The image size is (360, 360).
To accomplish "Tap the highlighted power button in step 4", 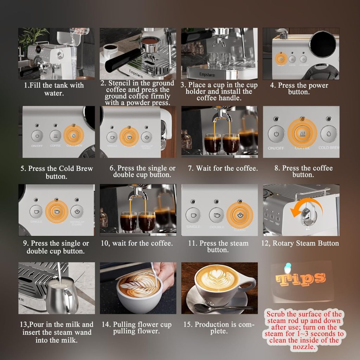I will point(281,59).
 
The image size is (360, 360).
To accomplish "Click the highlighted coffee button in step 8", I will point(302,134).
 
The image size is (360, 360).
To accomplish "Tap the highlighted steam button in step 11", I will point(239,215).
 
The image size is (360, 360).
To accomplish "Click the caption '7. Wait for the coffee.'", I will point(222,168).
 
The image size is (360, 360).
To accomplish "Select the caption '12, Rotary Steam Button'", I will point(300,243).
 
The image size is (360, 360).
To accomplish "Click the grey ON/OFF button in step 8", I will point(276,134).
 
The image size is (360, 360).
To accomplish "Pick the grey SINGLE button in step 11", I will point(193,215).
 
